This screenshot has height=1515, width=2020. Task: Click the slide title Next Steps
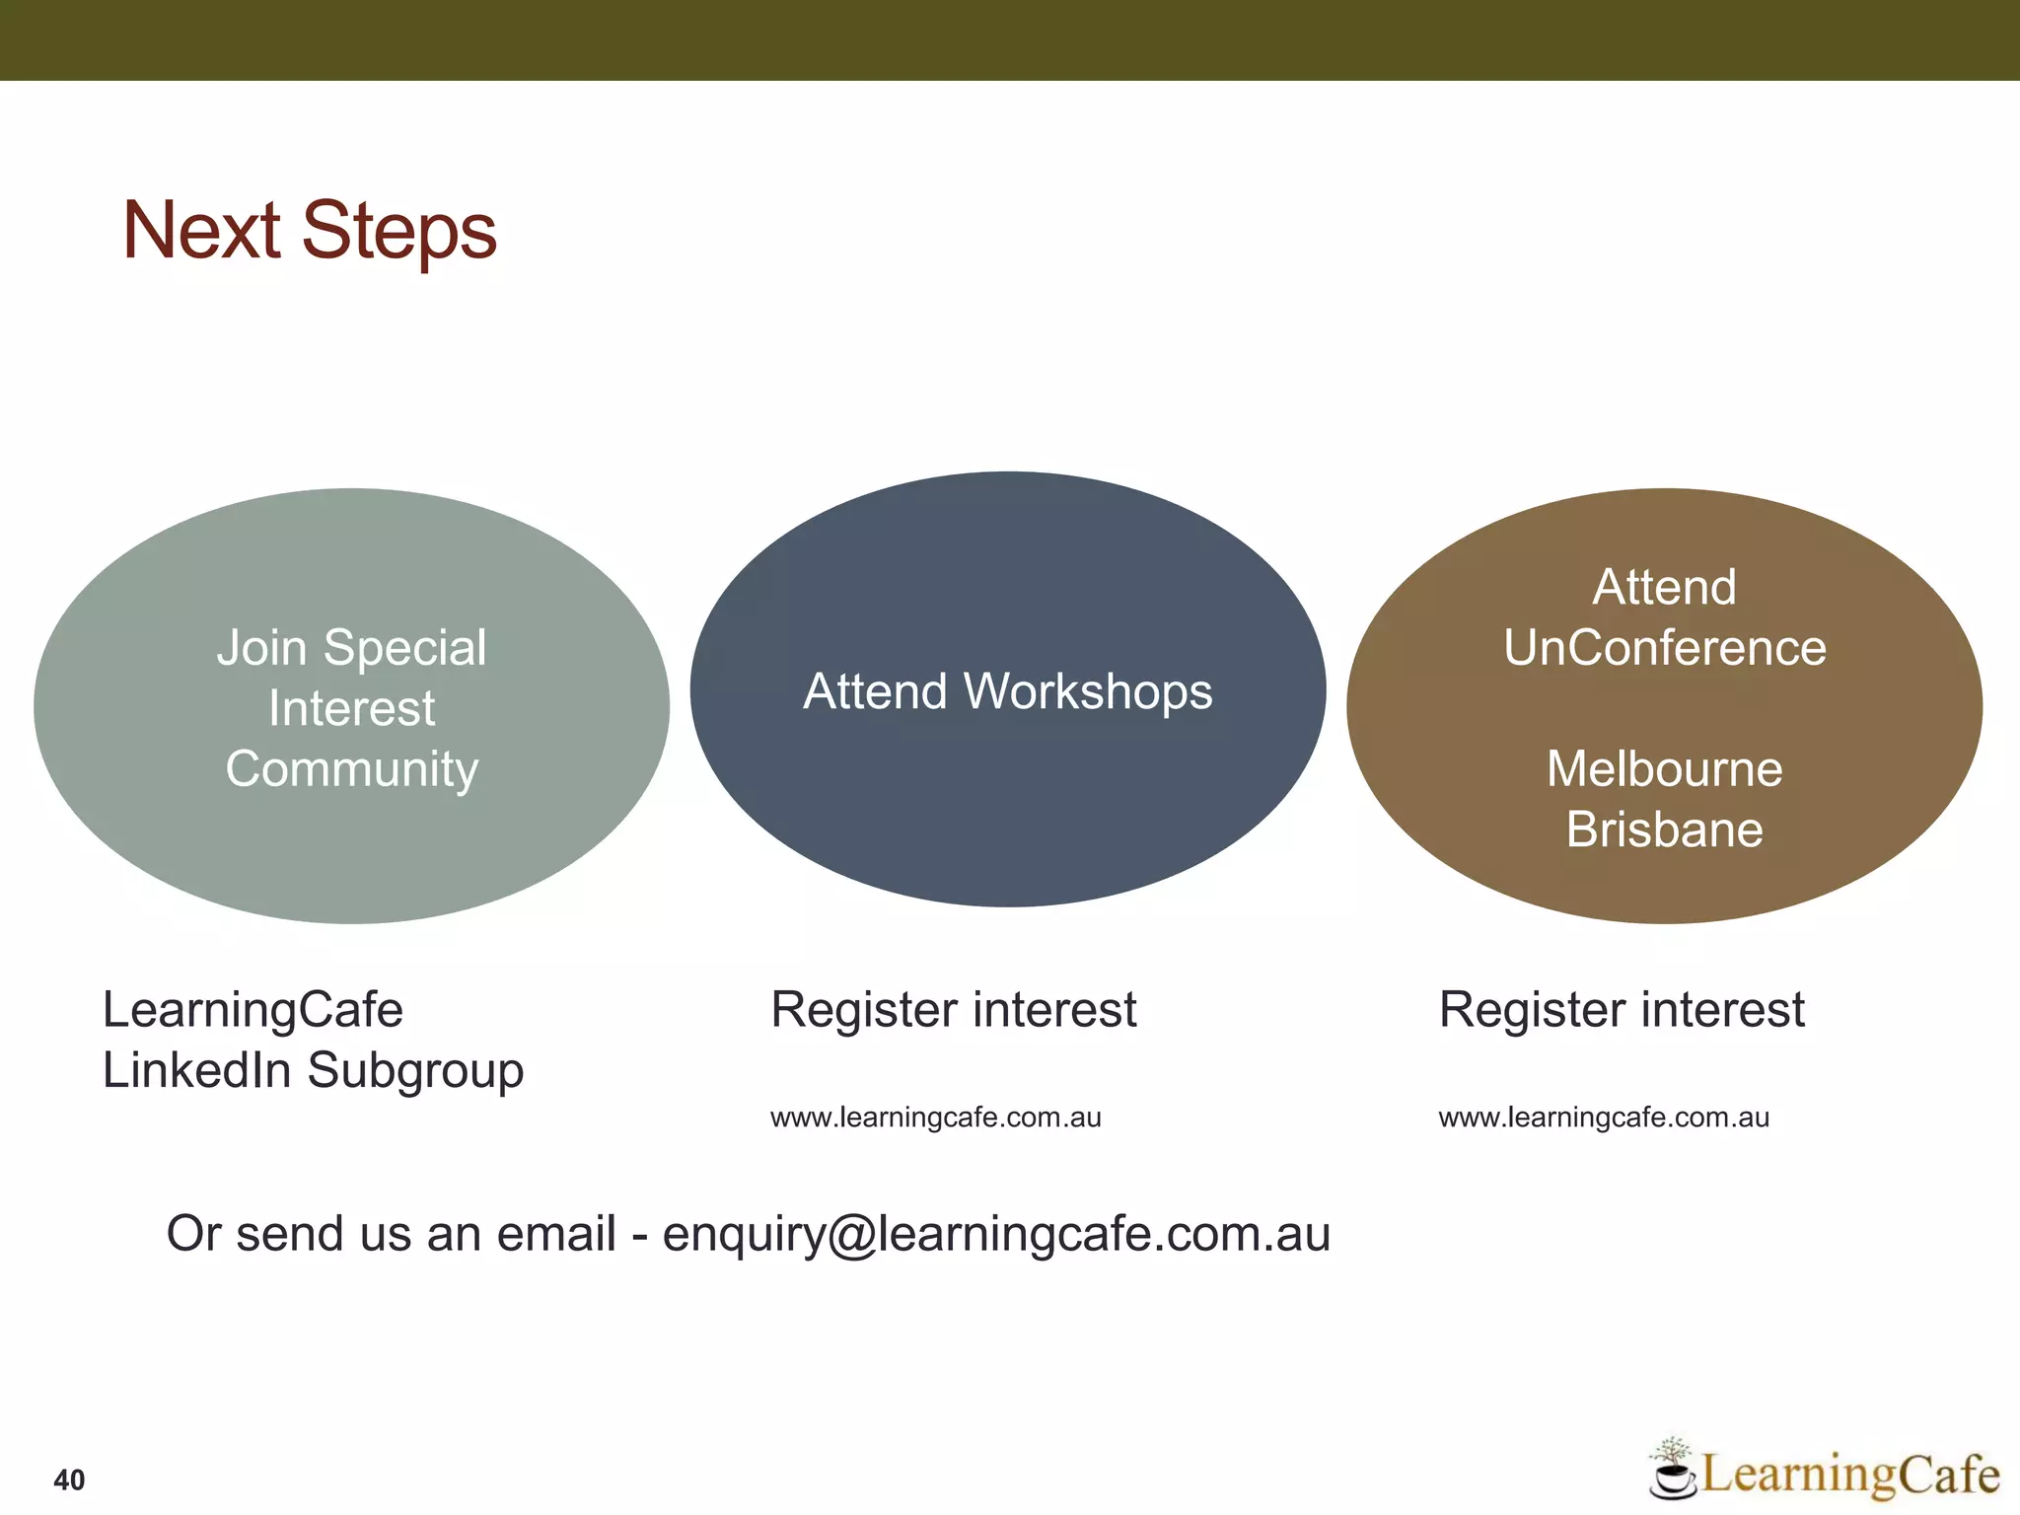(x=309, y=231)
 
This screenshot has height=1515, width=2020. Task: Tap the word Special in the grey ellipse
(x=404, y=648)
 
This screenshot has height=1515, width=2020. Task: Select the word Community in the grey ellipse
(x=352, y=769)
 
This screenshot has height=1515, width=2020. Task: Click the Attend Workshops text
(x=1007, y=691)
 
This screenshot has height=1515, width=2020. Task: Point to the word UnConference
(x=1664, y=648)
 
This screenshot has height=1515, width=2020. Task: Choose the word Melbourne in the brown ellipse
(x=1664, y=769)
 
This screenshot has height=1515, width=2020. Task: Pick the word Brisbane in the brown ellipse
(x=1664, y=830)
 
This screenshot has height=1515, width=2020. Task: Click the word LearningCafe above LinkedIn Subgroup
(x=252, y=1010)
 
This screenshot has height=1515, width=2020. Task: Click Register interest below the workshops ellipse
(x=953, y=1010)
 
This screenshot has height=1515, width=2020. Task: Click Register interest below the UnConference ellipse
(x=1621, y=1010)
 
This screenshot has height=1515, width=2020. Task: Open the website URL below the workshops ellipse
(x=935, y=1118)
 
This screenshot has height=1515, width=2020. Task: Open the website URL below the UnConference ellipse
(x=1603, y=1118)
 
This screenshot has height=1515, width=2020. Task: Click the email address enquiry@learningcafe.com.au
(x=996, y=1235)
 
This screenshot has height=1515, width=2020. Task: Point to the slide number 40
(x=69, y=1479)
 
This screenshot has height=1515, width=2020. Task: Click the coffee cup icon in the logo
(x=1672, y=1476)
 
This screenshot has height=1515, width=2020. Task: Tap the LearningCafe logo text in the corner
(x=1849, y=1475)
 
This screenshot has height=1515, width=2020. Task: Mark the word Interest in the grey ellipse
(x=352, y=708)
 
